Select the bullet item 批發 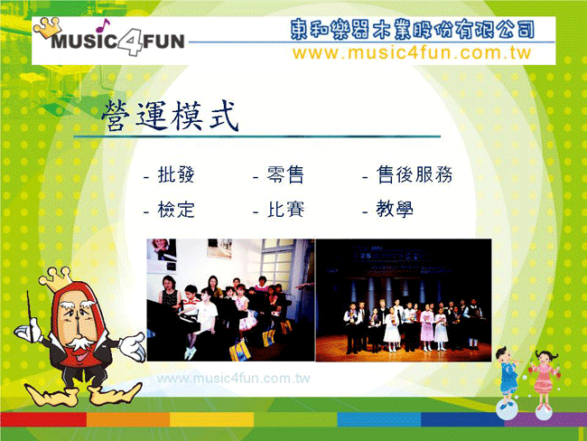pos(176,174)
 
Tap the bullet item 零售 pos(285,174)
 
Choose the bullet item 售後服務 pos(415,174)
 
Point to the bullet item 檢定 pos(176,210)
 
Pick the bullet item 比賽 pos(285,210)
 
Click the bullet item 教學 pos(395,209)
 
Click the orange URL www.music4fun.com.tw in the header pos(412,52)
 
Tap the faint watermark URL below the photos pos(233,378)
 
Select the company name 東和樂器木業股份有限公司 pos(412,29)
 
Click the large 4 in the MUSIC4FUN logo pos(130,42)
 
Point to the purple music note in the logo pos(102,25)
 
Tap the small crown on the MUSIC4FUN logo pos(48,27)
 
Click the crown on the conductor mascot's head pos(57,279)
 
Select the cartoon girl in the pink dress pos(544,379)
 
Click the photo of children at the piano pos(230,300)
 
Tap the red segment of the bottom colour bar pos(43,419)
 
